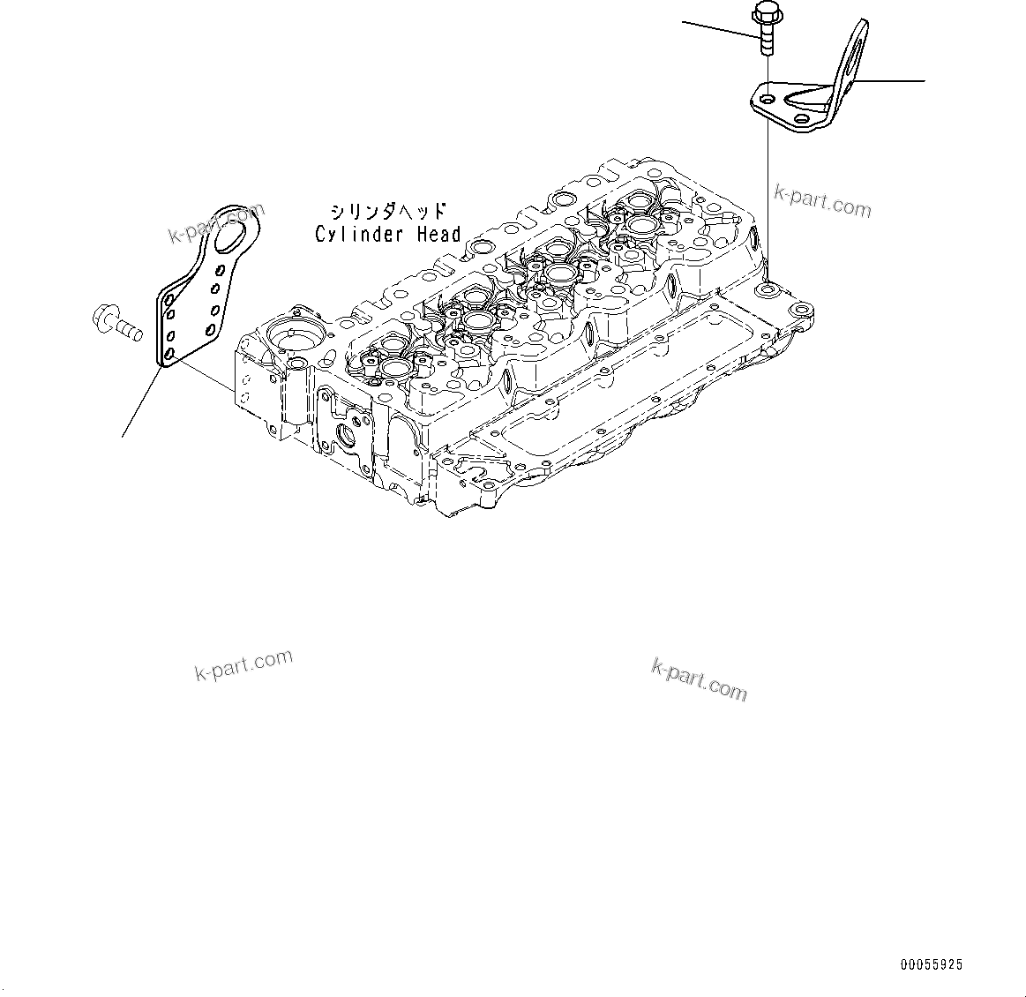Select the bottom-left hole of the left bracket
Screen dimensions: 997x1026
pos(169,354)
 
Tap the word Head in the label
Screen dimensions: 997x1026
pos(438,235)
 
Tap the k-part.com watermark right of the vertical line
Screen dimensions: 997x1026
pos(822,201)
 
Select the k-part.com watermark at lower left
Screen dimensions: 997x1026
pos(243,666)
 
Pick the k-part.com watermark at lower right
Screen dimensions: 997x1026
pos(699,679)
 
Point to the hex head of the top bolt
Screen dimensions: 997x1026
pos(761,13)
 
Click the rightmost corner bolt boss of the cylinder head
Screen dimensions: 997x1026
pos(802,311)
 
